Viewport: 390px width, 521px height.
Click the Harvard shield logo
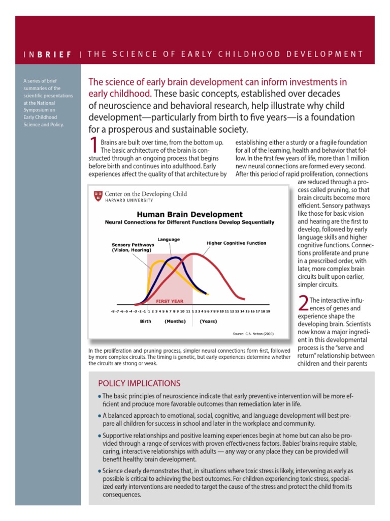tap(97, 196)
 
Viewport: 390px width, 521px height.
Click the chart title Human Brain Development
tap(189, 214)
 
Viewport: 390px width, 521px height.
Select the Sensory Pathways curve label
tap(133, 247)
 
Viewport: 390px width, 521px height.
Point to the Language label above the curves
tap(168, 239)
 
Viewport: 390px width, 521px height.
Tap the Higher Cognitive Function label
tap(236, 243)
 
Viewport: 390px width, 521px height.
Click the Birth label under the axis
tap(145, 322)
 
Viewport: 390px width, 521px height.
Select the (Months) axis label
tap(175, 322)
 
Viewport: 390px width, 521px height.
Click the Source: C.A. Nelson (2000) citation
tap(253, 334)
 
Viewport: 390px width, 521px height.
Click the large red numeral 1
tap(93, 146)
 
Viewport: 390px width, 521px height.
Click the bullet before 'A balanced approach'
tap(100, 416)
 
